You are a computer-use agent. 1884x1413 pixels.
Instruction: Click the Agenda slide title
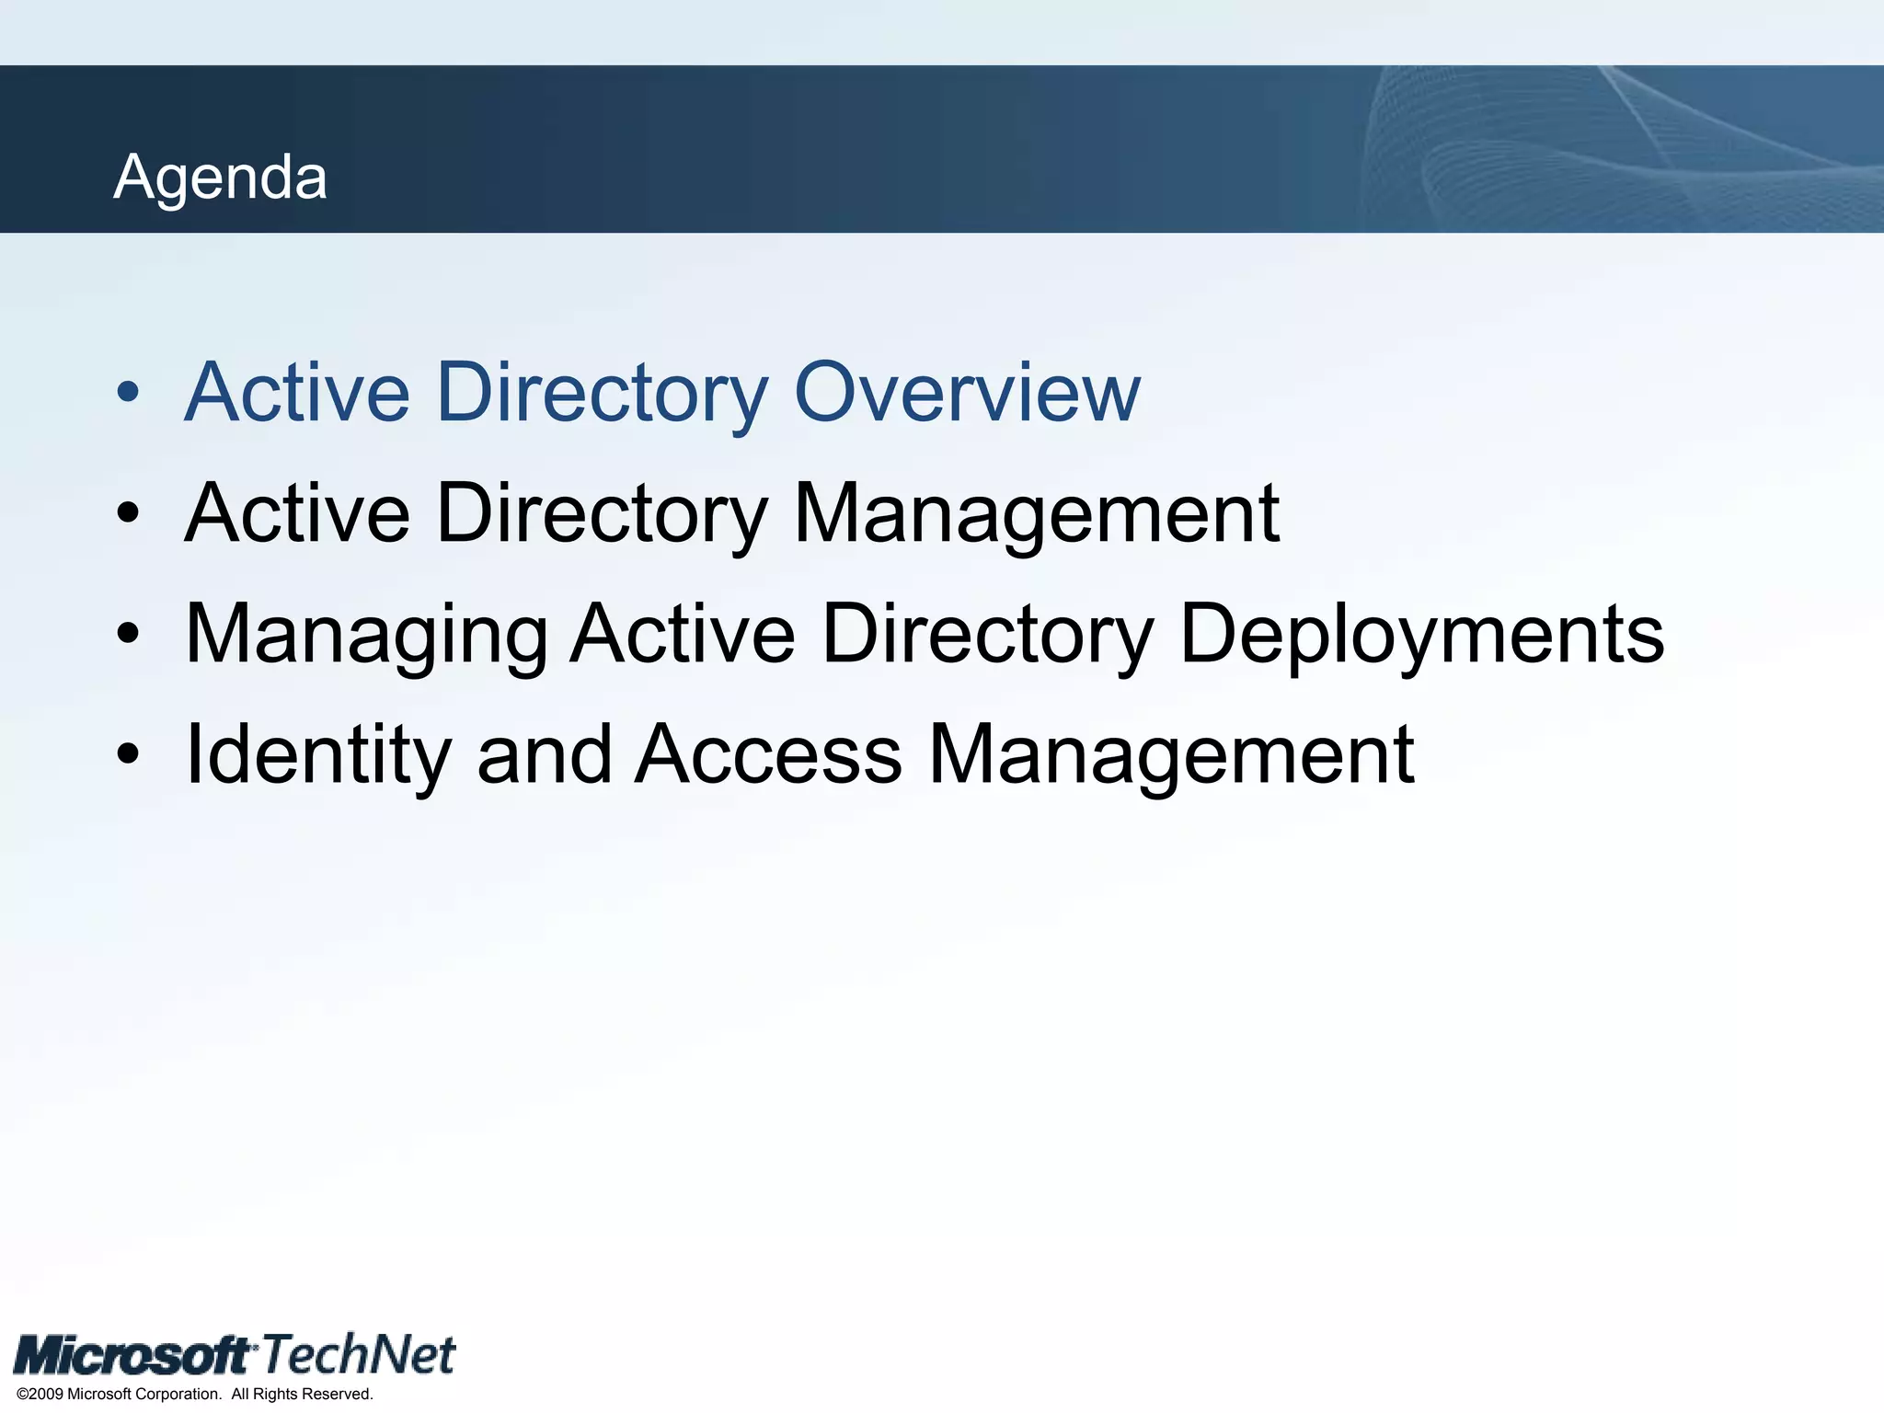pyautogui.click(x=220, y=177)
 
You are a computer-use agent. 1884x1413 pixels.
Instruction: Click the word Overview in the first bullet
pyautogui.click(x=966, y=393)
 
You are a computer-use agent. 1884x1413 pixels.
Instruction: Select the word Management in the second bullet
pyautogui.click(x=1036, y=513)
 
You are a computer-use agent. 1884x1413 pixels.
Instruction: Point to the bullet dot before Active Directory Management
pyautogui.click(x=128, y=513)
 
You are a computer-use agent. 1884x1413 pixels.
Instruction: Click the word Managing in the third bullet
pyautogui.click(x=366, y=635)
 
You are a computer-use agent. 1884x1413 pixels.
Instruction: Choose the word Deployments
pyautogui.click(x=1421, y=635)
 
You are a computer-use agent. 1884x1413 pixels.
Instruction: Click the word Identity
pyautogui.click(x=317, y=755)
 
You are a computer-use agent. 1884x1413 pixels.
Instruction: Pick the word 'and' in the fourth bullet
pyautogui.click(x=544, y=755)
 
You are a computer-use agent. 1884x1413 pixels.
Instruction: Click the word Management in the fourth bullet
pyautogui.click(x=1171, y=755)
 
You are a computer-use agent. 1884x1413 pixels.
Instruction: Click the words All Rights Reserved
pyautogui.click(x=302, y=1394)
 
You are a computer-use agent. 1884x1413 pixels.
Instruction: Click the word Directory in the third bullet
pyautogui.click(x=987, y=635)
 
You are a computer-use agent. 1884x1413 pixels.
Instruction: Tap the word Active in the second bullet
pyautogui.click(x=297, y=513)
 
